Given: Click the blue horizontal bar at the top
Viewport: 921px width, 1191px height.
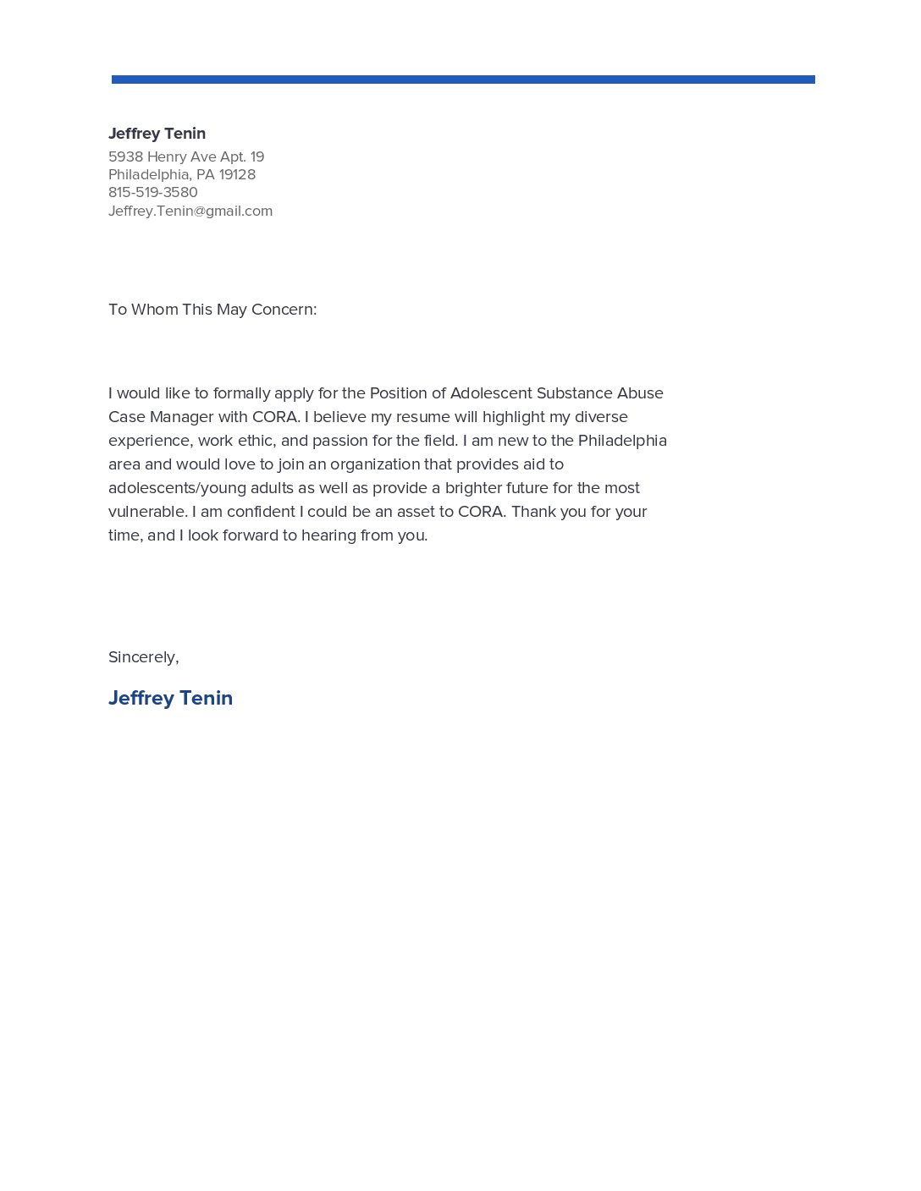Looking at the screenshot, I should (x=463, y=80).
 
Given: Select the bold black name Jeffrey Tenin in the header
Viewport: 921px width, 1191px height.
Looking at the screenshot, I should (x=157, y=134).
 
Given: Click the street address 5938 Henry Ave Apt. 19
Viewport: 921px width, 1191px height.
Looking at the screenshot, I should (x=186, y=156).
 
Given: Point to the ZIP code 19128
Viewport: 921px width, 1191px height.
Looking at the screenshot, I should (x=237, y=174).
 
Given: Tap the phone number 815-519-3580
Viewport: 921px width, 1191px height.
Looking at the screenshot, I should (x=153, y=192).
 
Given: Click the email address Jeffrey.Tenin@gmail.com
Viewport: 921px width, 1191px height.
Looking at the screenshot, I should (x=190, y=211).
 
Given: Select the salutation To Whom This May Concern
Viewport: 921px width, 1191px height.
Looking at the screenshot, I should (x=212, y=310).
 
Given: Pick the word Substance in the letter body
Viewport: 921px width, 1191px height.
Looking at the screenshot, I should (x=575, y=393).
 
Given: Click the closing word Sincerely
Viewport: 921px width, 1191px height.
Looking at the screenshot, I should (x=142, y=657).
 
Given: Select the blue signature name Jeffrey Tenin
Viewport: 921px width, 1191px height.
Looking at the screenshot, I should (x=170, y=698).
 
